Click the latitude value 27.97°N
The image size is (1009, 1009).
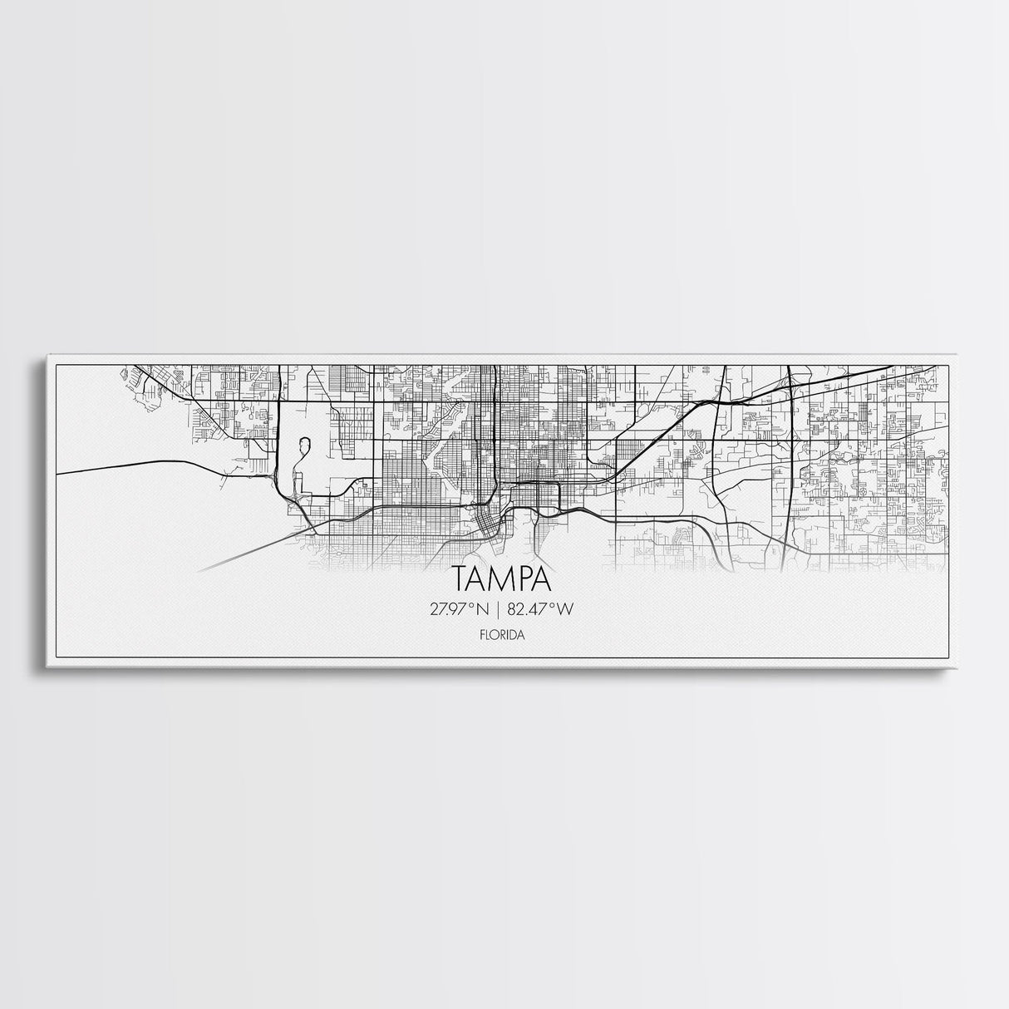click(462, 609)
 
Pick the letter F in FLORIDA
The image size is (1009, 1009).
click(482, 634)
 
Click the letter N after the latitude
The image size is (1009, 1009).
click(485, 609)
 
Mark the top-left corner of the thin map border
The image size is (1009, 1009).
click(56, 364)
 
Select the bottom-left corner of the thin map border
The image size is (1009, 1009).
click(56, 657)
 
